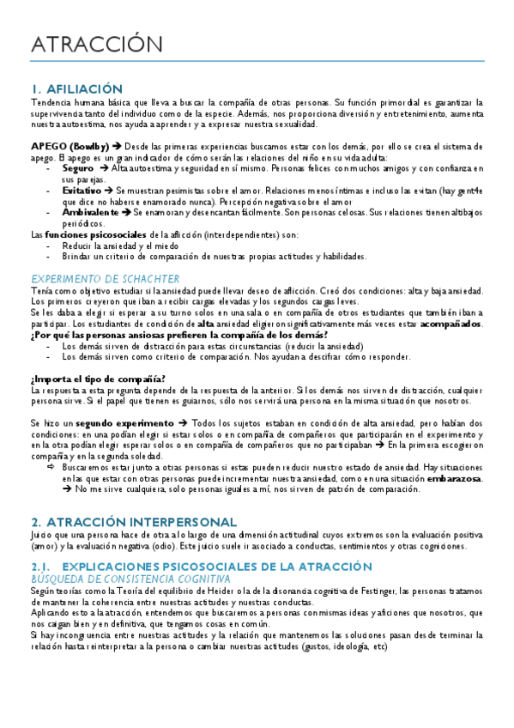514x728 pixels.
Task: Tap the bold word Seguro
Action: coord(78,168)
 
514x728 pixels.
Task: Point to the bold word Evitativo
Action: coord(82,190)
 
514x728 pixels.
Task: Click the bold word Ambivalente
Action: coord(90,211)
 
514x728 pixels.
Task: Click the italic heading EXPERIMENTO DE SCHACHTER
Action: coord(105,278)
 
